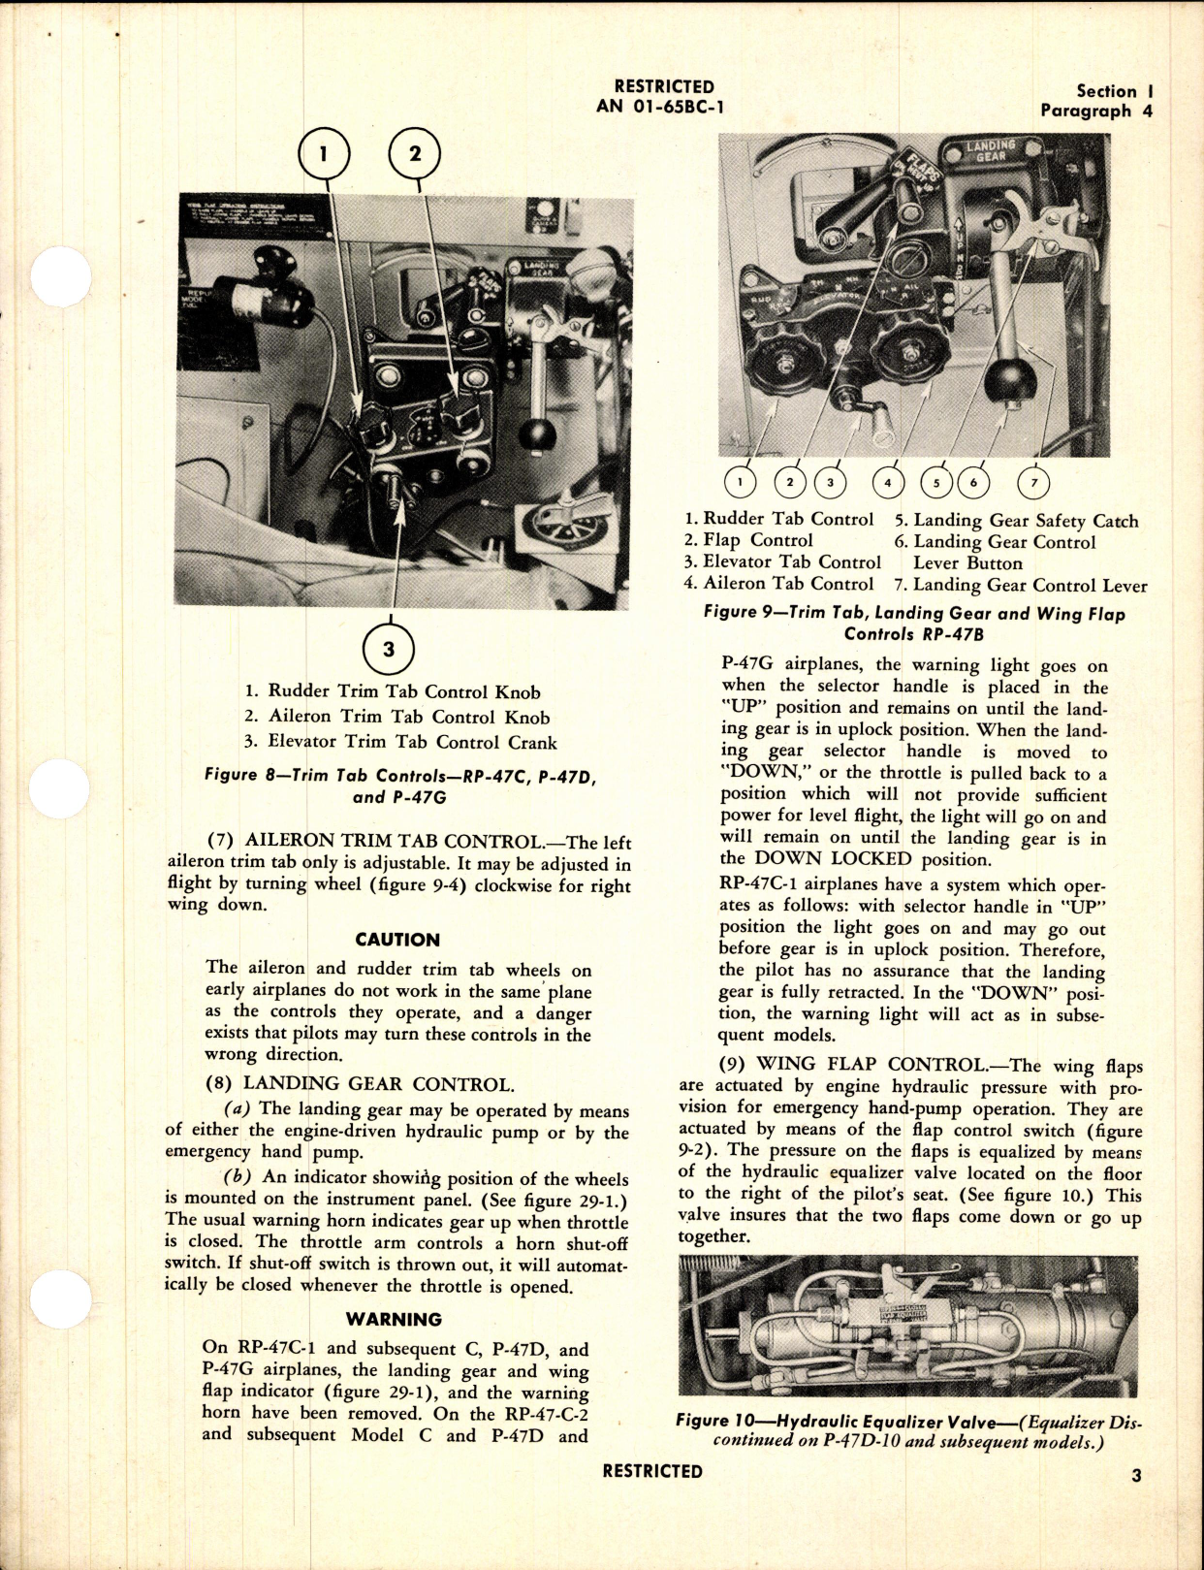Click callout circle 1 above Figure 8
pos(324,154)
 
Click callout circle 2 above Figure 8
pos(414,154)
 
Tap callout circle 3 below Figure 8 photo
pos(388,649)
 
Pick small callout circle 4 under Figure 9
pos(888,482)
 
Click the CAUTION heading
pos(397,940)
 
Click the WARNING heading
pos(394,1319)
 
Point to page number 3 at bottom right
pos(1136,1475)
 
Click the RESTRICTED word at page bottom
pos(652,1471)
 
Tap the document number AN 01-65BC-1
pos(660,107)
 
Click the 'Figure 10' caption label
pos(714,1422)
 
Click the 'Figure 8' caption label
pos(242,775)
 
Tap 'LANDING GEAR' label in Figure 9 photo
pos(991,150)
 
